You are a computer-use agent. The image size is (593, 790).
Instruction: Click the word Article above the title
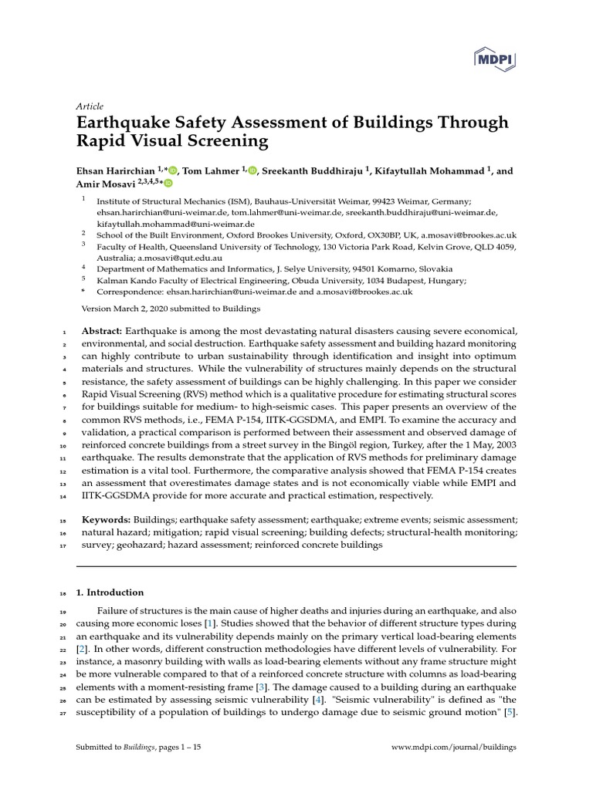[x=90, y=106]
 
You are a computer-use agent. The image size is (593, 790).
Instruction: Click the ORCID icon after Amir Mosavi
[x=168, y=184]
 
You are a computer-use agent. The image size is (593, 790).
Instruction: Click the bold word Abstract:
[x=102, y=331]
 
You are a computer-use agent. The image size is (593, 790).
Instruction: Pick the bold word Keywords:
[x=105, y=521]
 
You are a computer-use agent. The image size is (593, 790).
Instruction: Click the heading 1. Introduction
[x=110, y=592]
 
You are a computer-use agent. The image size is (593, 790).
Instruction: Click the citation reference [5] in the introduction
[x=510, y=712]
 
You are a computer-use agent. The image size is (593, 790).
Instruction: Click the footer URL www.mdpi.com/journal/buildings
[x=454, y=747]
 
